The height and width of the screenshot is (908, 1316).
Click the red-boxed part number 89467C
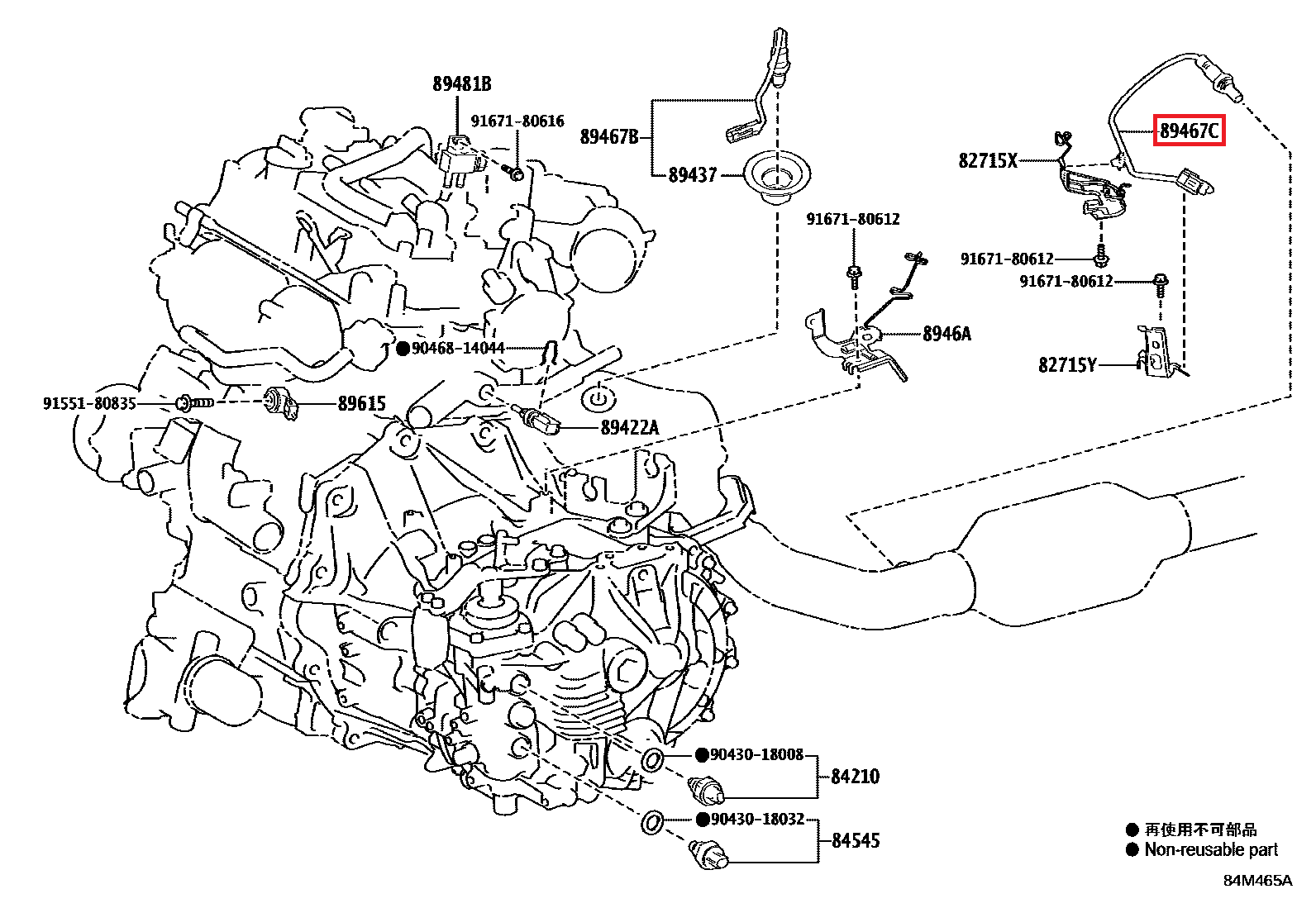1189,131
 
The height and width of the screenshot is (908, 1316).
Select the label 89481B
461,83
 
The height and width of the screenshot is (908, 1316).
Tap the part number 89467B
609,136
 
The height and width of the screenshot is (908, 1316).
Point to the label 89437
693,175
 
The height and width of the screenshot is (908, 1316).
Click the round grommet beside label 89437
776,176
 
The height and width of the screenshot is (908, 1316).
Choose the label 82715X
988,160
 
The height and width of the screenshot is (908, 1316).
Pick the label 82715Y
1067,364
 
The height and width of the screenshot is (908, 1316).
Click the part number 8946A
946,334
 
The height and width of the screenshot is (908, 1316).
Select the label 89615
361,403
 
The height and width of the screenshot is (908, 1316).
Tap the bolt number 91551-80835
89,403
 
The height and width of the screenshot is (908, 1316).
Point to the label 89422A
629,427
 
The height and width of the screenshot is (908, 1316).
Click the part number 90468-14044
458,348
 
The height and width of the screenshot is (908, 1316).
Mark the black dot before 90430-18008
702,754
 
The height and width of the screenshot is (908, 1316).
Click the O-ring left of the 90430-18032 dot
651,823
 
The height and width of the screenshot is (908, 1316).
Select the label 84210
855,776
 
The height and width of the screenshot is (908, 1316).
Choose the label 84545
855,840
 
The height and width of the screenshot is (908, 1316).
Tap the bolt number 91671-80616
517,121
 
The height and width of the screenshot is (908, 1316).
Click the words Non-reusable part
1210,849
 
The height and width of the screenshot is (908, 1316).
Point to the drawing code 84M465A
1256,880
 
